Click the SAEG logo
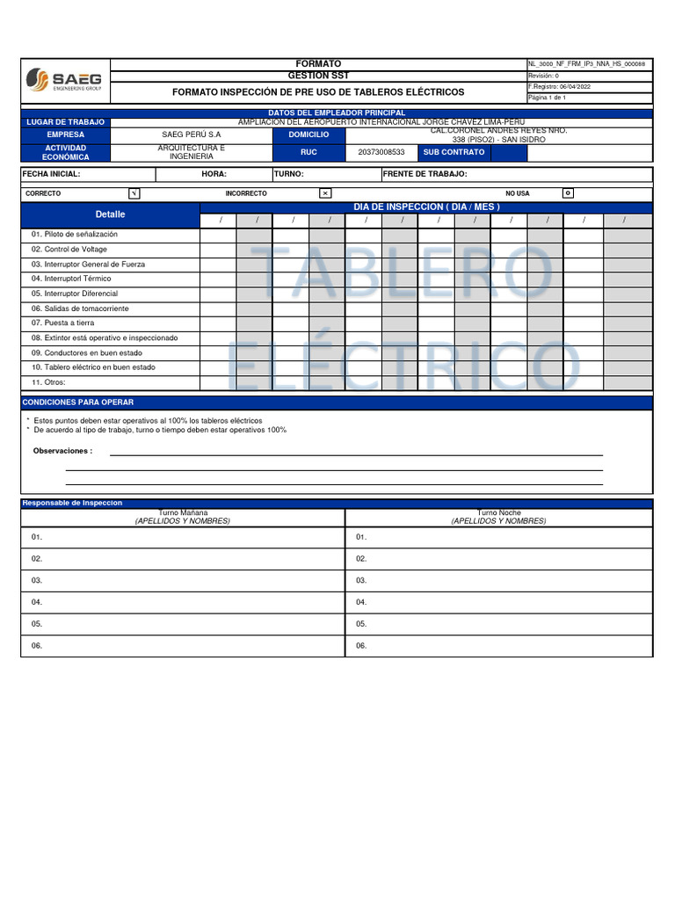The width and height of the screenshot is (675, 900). [x=64, y=80]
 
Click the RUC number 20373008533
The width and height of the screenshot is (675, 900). [x=381, y=152]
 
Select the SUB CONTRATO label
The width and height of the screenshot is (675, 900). [x=454, y=152]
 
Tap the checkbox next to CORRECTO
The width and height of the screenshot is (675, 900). [x=134, y=193]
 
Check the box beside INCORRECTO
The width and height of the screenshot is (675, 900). [x=325, y=193]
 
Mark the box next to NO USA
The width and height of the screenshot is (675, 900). [x=568, y=193]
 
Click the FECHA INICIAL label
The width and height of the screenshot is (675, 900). [x=51, y=174]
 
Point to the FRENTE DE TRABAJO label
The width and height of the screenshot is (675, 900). [x=425, y=174]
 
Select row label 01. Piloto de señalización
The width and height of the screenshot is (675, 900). [x=75, y=235]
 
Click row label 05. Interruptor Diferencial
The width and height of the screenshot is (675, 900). [x=75, y=294]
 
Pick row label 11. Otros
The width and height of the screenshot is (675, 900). [x=49, y=382]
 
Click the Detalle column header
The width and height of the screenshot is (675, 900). [x=111, y=214]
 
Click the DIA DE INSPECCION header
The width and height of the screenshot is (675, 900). [x=426, y=207]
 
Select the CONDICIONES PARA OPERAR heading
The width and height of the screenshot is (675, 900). [x=78, y=403]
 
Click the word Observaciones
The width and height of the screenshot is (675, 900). [x=62, y=451]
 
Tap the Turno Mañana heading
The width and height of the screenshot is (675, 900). [x=183, y=512]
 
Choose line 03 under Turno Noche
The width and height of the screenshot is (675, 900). [x=361, y=580]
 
